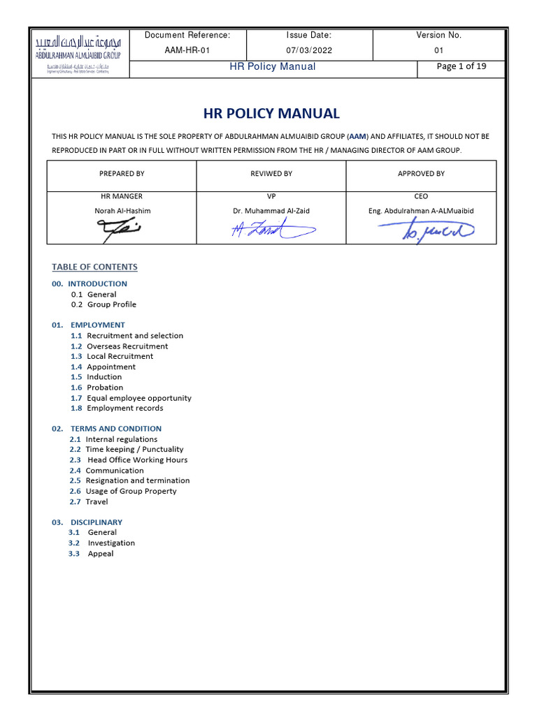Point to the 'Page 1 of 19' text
(461, 67)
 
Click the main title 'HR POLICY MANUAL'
(271, 113)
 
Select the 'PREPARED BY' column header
(122, 174)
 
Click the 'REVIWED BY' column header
(271, 174)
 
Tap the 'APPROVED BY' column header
(421, 174)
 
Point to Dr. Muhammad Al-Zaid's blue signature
(271, 230)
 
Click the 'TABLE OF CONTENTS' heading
(94, 267)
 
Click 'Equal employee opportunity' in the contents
(138, 398)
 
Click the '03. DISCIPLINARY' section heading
(87, 522)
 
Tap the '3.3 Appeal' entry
(91, 554)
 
